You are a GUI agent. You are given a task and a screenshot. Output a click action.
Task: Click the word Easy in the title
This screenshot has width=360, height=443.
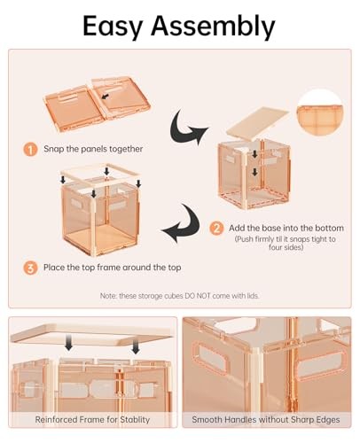[x=113, y=26]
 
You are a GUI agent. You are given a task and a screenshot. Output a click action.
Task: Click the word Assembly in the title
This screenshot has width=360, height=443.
[x=213, y=26]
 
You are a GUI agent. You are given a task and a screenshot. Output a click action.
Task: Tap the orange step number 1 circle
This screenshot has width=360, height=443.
[x=30, y=150]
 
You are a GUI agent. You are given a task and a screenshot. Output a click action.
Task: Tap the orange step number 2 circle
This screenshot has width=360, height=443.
[x=216, y=229]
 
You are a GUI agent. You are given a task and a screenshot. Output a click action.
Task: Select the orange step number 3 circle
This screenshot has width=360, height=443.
[x=30, y=268]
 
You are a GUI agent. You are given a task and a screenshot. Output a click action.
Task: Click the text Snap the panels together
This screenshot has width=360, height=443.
[x=93, y=149]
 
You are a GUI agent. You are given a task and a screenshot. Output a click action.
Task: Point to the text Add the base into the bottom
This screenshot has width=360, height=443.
[x=286, y=228]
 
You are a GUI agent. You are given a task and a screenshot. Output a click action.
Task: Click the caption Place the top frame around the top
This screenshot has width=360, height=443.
[x=112, y=268]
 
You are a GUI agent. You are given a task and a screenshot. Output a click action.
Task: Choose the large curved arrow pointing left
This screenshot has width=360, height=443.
[x=181, y=223]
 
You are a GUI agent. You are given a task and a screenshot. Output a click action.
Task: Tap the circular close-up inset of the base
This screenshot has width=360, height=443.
[x=320, y=113]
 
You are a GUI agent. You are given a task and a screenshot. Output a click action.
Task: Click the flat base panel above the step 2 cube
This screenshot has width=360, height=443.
[x=257, y=122]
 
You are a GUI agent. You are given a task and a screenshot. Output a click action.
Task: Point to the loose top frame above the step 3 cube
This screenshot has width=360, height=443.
[x=100, y=175]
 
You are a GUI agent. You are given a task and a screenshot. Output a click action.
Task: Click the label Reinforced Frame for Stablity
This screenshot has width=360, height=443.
[x=92, y=419]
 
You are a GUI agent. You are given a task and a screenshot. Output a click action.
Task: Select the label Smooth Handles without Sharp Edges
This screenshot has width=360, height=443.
[x=266, y=419]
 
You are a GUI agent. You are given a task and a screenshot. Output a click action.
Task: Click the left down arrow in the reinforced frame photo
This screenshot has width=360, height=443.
[x=68, y=343]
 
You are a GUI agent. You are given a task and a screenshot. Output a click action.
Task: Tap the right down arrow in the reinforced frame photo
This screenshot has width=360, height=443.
[x=136, y=346]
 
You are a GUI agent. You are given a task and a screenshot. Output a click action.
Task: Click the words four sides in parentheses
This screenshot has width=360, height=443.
[x=286, y=246]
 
